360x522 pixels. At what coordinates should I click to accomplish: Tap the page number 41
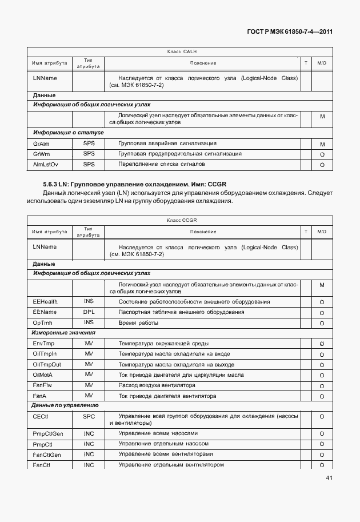click(329, 478)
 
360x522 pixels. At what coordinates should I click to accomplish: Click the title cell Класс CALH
click(182, 51)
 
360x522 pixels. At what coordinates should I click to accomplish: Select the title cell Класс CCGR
click(182, 220)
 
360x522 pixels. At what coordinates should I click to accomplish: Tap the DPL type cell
click(89, 312)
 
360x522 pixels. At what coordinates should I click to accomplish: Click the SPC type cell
click(89, 417)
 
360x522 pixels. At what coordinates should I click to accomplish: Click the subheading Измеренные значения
click(64, 333)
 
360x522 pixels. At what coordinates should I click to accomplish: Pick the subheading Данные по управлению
click(66, 405)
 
